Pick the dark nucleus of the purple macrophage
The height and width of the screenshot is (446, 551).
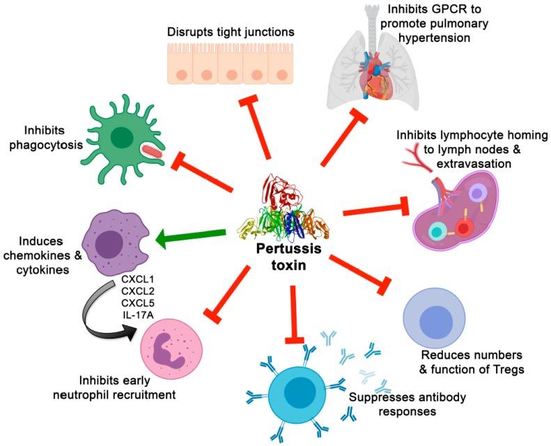[111, 245]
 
